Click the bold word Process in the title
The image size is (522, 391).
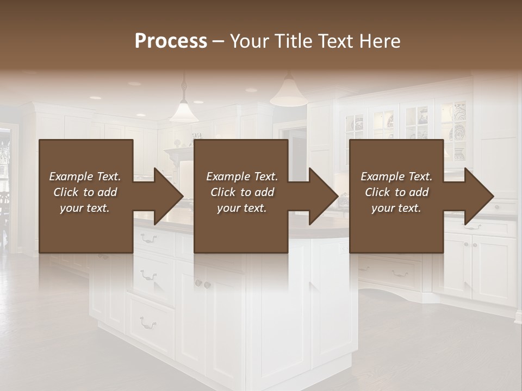pos(171,41)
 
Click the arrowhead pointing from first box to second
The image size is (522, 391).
pos(168,196)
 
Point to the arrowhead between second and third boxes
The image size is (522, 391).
pos(324,196)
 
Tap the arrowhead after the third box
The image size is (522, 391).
pos(479,196)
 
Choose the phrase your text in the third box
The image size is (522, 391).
pos(396,208)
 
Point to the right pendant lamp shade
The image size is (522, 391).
pos(289,96)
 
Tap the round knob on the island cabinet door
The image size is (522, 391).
pos(199,283)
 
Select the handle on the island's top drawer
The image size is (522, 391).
pos(148,237)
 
